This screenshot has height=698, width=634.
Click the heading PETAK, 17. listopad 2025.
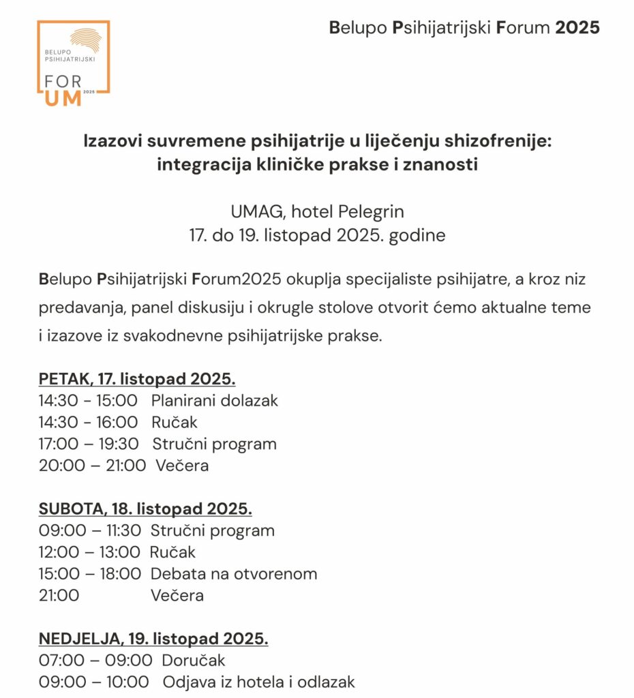137,379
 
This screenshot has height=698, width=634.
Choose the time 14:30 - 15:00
88,401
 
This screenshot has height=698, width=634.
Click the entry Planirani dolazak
215,401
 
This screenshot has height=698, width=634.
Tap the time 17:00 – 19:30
89,444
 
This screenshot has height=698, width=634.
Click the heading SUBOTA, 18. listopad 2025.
145,509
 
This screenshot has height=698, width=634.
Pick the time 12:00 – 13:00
89,552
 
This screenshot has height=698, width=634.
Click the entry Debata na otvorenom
234,574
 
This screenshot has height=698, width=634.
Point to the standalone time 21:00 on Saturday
59,596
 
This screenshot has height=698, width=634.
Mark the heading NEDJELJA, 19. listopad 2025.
153,639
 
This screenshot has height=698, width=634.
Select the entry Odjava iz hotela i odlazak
258,682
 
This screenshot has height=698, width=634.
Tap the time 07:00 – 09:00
95,661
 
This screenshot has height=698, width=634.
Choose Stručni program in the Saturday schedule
213,530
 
